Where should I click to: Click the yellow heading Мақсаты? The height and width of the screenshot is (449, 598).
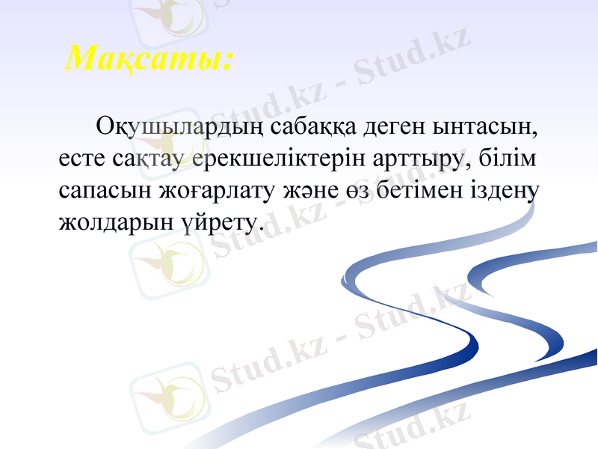pos(148,58)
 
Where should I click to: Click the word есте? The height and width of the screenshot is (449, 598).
pos(81,161)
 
